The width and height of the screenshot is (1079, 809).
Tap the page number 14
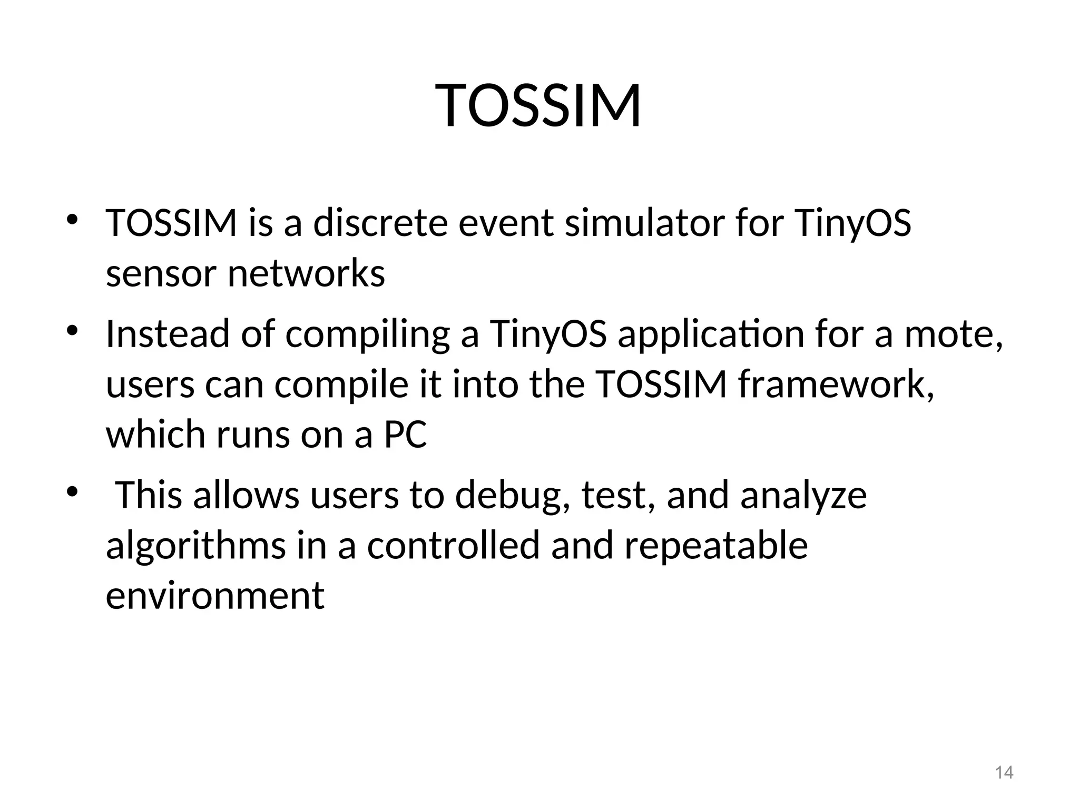(x=1004, y=773)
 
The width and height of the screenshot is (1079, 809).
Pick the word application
(x=710, y=335)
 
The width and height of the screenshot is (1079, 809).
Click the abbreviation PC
(x=405, y=435)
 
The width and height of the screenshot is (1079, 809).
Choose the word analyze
(x=803, y=496)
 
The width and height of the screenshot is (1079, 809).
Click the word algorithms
(x=195, y=547)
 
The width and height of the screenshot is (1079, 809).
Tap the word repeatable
(x=715, y=546)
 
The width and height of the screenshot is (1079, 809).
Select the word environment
(x=215, y=596)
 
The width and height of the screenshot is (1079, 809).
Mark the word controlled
(x=453, y=546)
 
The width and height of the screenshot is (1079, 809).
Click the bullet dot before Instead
(x=72, y=331)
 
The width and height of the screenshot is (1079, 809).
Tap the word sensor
(x=161, y=274)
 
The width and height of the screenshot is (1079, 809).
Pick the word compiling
(x=367, y=335)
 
